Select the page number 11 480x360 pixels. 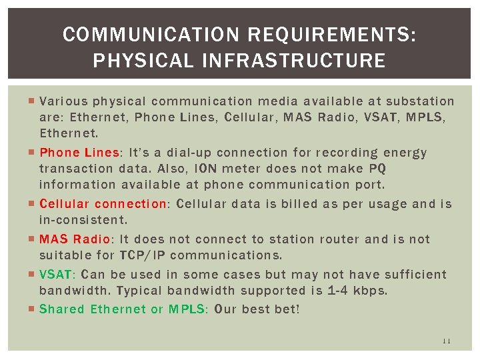[x=447, y=341]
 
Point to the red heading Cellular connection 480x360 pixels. [x=104, y=204]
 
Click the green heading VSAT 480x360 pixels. [x=58, y=275]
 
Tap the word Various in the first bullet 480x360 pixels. [x=63, y=102]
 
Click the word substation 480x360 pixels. [x=421, y=102]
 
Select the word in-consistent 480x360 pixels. [x=83, y=219]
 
